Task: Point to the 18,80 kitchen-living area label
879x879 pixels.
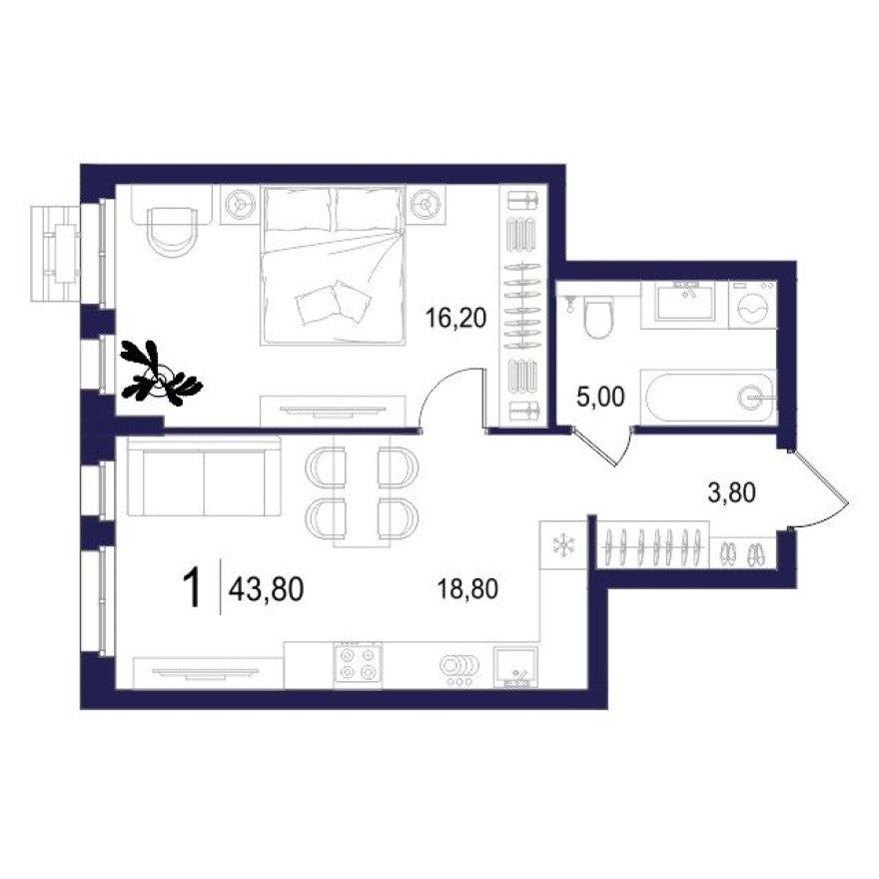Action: point(467,589)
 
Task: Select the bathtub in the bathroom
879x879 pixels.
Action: point(710,398)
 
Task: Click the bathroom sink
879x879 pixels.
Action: point(685,301)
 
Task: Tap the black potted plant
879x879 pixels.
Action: point(160,375)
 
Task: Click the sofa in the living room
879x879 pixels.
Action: point(204,479)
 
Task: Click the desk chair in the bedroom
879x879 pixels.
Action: point(171,229)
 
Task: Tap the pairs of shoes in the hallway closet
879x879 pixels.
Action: point(741,550)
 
